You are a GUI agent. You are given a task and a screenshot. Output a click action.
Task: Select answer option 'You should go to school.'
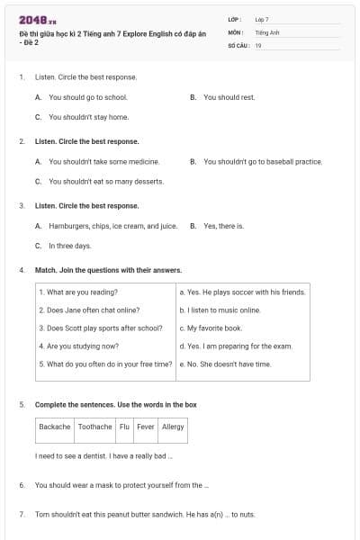pos(87,97)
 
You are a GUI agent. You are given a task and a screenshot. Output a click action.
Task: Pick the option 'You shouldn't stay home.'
pos(88,117)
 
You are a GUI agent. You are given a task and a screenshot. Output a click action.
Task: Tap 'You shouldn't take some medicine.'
pos(103,162)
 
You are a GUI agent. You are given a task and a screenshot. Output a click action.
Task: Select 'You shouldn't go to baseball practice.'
pos(262,162)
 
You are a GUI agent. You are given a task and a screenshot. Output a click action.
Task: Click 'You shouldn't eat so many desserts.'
pos(105,182)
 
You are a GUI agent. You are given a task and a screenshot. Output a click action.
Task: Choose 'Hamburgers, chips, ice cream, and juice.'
pos(112,226)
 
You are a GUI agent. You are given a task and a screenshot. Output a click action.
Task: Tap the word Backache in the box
pos(54,427)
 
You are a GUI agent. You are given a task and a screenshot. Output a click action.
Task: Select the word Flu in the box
pos(124,427)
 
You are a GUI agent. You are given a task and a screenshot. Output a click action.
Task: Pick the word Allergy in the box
pos(172,427)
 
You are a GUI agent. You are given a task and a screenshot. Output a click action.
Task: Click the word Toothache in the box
pos(94,427)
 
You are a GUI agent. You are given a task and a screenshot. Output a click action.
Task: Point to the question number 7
pos(21,514)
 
